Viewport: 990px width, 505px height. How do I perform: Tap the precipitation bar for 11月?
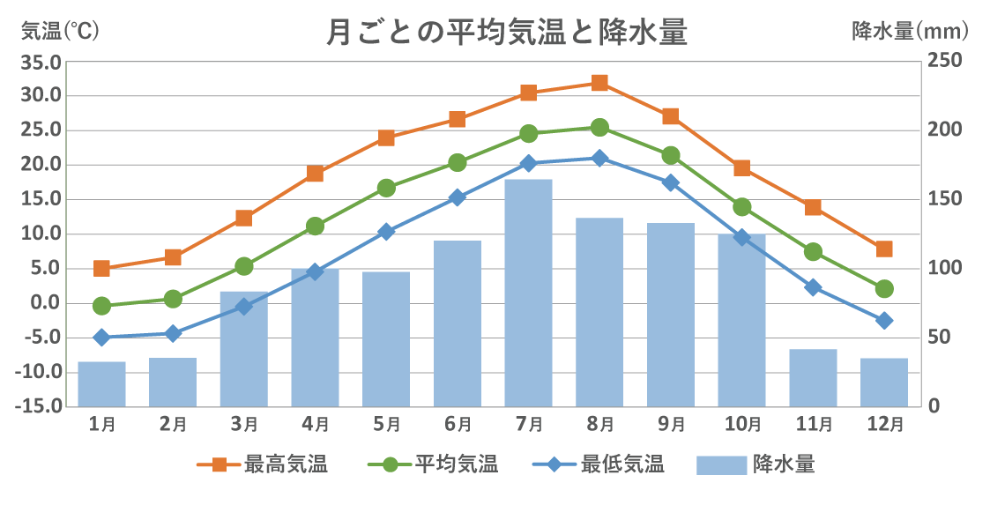point(813,378)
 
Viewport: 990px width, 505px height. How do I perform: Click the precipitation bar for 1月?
point(101,384)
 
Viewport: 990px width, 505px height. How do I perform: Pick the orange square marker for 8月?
point(599,83)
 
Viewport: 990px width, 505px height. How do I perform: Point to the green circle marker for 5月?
point(386,188)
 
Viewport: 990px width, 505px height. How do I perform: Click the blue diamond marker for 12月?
point(884,321)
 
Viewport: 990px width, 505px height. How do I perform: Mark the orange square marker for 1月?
point(101,269)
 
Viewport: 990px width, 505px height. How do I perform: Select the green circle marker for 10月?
point(741,207)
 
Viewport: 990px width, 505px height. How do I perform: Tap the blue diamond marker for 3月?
point(244,307)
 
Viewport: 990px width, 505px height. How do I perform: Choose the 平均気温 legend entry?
point(433,464)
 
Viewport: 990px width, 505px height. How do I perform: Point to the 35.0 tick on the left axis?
point(42,62)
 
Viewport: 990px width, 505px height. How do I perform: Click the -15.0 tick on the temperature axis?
point(40,406)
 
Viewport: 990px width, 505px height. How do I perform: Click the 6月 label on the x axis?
point(458,424)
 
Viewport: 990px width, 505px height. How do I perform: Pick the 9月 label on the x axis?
point(671,424)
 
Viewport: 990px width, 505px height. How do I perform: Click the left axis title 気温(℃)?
point(61,32)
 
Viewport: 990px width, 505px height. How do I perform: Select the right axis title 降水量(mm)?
point(910,32)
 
